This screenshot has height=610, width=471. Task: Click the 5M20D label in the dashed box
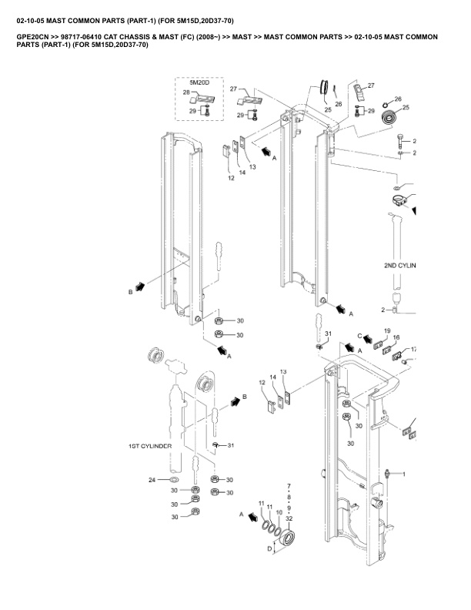pyautogui.click(x=199, y=83)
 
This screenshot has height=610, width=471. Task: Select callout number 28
pyautogui.click(x=186, y=92)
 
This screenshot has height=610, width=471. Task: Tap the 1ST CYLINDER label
pyautogui.click(x=150, y=446)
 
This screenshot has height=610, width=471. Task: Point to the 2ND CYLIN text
pyautogui.click(x=400, y=265)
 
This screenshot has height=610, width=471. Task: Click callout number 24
pyautogui.click(x=152, y=480)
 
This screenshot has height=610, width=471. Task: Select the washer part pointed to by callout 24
pyautogui.click(x=175, y=479)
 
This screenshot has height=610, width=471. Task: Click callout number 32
pyautogui.click(x=289, y=518)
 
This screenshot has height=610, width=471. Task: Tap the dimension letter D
pyautogui.click(x=269, y=548)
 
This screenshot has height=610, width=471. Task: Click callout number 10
pyautogui.click(x=279, y=512)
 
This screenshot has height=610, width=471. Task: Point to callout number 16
pyautogui.click(x=396, y=337)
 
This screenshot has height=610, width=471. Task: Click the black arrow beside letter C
pyautogui.click(x=368, y=339)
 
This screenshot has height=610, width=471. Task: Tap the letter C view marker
pyautogui.click(x=359, y=336)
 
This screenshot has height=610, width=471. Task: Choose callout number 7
pyautogui.click(x=289, y=486)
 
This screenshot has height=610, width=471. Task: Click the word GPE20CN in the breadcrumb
pyautogui.click(x=32, y=37)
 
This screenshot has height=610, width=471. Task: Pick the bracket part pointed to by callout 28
pyautogui.click(x=202, y=99)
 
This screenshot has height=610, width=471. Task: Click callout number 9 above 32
pyautogui.click(x=289, y=508)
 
